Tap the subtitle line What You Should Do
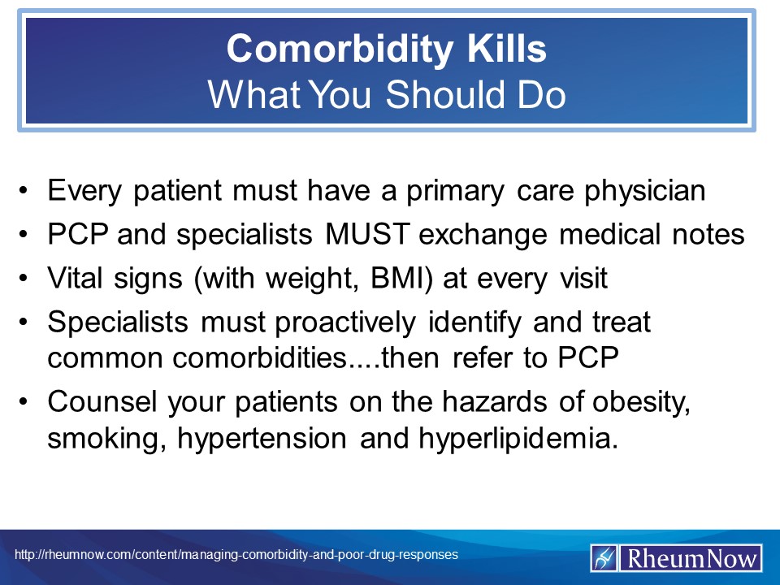tap(387, 94)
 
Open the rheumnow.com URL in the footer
tap(236, 554)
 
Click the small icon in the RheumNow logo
tap(604, 558)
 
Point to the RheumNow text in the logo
tap(691, 558)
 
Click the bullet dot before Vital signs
tap(27, 279)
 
